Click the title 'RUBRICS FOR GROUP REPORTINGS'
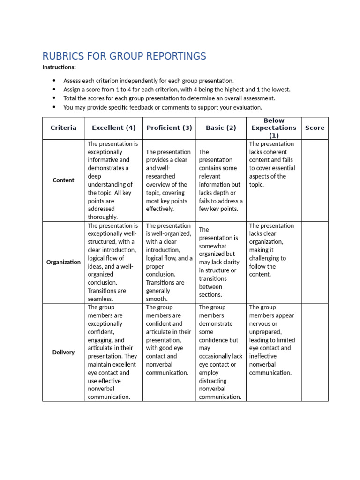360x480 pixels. point(124,56)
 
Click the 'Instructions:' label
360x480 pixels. point(59,67)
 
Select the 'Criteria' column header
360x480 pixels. point(63,128)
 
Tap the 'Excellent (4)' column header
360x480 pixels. point(113,128)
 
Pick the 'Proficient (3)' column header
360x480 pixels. point(169,128)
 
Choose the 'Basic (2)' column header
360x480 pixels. point(221,128)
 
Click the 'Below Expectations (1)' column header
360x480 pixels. point(274,128)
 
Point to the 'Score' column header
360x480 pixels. point(315,128)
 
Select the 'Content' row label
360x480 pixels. point(63,180)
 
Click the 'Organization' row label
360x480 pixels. point(63,262)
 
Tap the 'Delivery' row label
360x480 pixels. point(63,352)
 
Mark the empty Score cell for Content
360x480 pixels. point(315,180)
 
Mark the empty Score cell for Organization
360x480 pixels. point(315,262)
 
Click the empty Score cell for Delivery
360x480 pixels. point(315,352)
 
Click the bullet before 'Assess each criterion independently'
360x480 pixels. point(54,81)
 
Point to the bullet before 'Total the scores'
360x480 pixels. point(54,98)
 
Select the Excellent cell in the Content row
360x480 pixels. point(113,180)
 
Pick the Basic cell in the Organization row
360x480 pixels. point(221,262)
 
